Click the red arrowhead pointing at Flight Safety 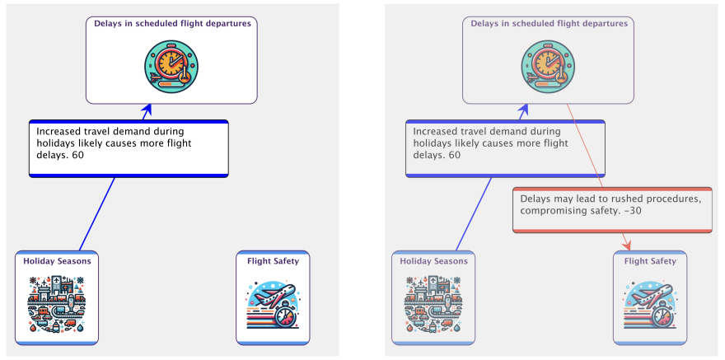[628, 244]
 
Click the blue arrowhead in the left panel [148, 110]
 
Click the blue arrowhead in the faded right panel [525, 110]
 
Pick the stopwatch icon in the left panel [171, 67]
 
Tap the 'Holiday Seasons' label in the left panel [57, 261]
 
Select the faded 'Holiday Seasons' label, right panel [433, 261]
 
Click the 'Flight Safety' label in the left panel [273, 261]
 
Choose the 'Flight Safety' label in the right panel [650, 261]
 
